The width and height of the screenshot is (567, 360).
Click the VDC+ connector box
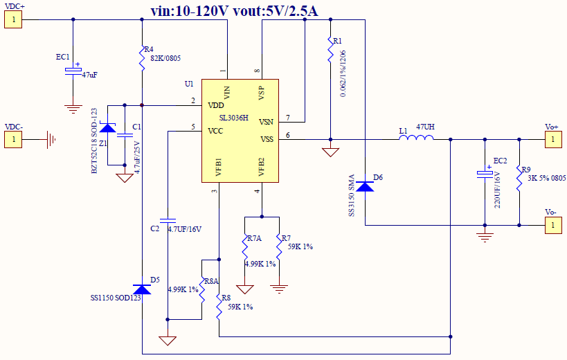coord(13,19)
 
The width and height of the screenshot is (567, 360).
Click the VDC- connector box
coord(13,140)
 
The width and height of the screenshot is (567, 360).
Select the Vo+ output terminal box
coord(552,140)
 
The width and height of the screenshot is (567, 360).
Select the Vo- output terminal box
coord(552,225)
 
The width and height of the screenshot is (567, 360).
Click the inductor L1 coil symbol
coord(416,139)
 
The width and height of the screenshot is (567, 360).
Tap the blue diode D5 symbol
coord(141,289)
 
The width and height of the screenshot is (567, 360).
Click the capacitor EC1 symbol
coord(73,71)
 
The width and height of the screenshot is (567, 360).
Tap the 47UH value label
coord(425,127)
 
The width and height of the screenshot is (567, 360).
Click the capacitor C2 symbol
coord(168,219)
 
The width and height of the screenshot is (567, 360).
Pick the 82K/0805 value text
coord(165,58)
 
